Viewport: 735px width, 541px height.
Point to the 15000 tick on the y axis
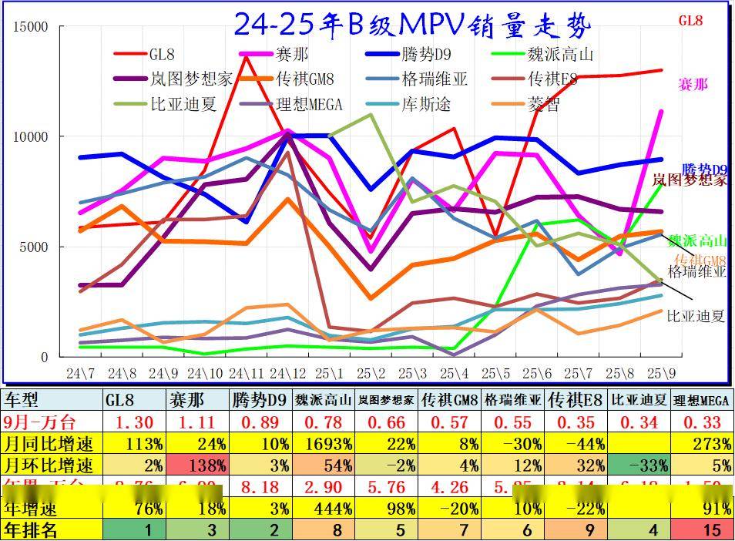tap(31, 27)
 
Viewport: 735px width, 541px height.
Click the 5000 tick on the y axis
tap(34, 247)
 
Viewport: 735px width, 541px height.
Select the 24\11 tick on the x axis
tap(244, 374)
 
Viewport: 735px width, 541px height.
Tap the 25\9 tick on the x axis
tap(662, 374)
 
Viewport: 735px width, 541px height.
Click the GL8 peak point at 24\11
tap(245, 57)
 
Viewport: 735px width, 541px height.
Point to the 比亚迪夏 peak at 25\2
tap(371, 115)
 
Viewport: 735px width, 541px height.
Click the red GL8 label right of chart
tap(690, 21)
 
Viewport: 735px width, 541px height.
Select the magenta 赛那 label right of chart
tap(693, 84)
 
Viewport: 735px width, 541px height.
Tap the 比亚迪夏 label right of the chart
tap(695, 316)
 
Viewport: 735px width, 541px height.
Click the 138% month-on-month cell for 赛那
tap(199, 465)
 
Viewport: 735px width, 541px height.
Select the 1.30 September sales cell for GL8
tap(136, 422)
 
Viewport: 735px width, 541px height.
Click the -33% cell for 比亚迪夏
tap(639, 465)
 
